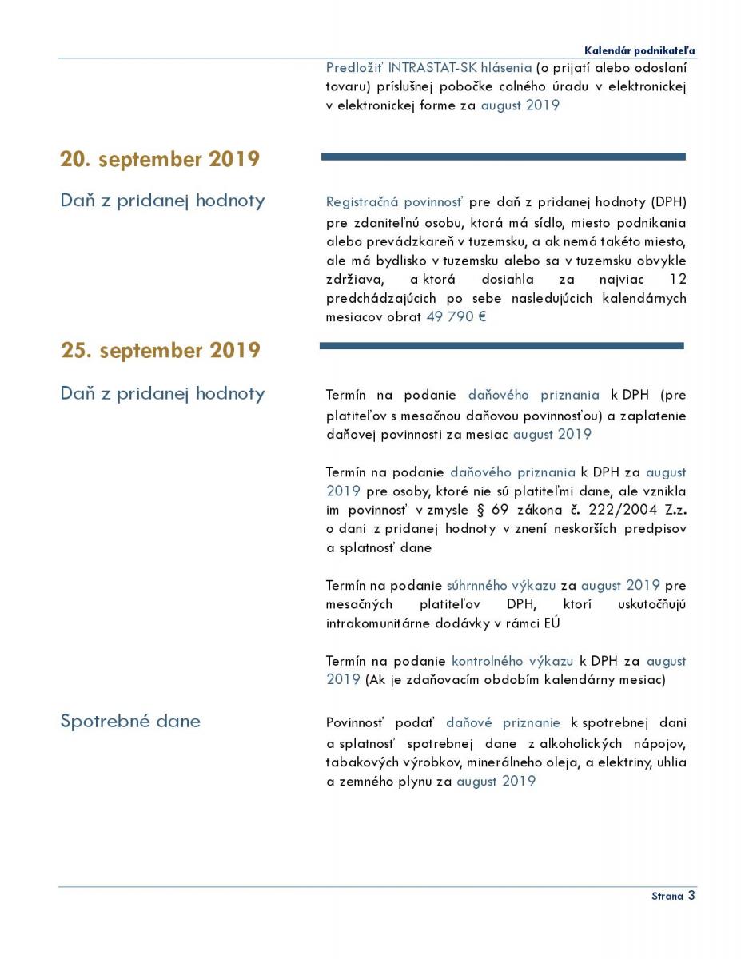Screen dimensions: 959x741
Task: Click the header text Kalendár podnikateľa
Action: click(x=639, y=50)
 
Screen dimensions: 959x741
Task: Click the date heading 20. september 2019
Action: click(x=160, y=159)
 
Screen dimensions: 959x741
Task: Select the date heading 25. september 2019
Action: click(x=160, y=351)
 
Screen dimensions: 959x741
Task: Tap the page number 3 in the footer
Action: click(x=691, y=895)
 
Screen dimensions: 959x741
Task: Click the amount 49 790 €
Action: click(x=456, y=316)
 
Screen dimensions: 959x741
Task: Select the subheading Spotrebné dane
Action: click(x=130, y=721)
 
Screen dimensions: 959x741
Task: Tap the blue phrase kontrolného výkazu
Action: click(x=512, y=661)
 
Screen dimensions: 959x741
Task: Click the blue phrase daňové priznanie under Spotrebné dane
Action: click(x=504, y=722)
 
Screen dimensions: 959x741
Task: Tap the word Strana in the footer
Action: click(x=667, y=897)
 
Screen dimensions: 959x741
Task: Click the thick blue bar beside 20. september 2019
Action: click(x=503, y=157)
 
